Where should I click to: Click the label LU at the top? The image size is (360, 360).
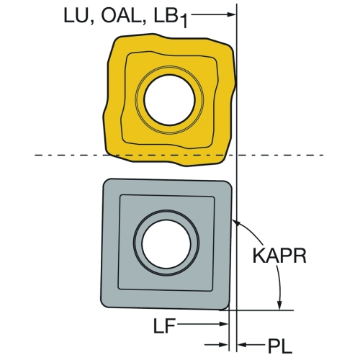click(x=76, y=16)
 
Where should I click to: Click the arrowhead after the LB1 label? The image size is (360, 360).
click(x=231, y=14)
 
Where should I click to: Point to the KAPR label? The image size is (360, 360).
click(x=279, y=256)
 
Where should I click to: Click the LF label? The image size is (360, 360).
click(x=164, y=325)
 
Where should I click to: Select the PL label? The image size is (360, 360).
click(x=280, y=346)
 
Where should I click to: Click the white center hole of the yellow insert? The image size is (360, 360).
click(x=169, y=100)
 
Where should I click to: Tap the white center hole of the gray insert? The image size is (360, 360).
click(x=166, y=243)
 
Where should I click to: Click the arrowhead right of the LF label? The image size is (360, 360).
click(x=223, y=324)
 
